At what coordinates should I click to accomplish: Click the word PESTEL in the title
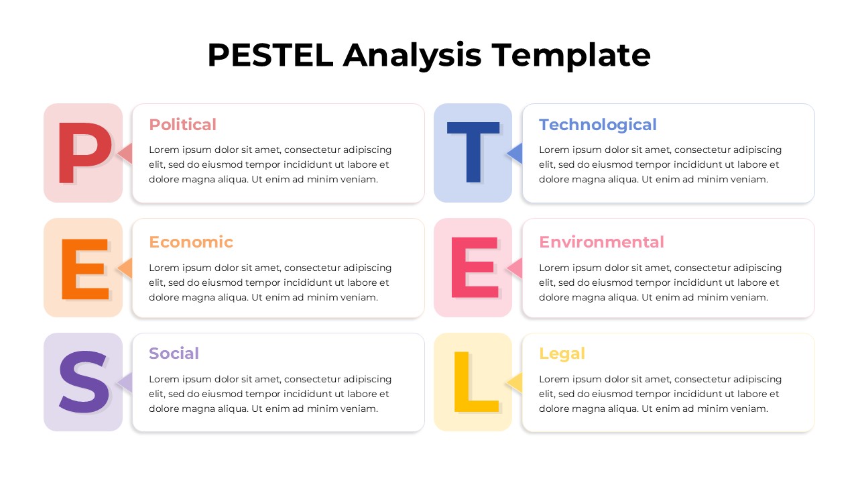270,55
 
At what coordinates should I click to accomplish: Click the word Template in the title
570,55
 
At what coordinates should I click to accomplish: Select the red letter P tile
83,153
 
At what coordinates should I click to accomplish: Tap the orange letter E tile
83,268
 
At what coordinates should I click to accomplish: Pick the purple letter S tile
83,382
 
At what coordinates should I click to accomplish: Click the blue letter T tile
473,153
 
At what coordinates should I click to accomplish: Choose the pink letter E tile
473,268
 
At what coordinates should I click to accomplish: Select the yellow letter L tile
473,382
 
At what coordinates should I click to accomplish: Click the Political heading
182,125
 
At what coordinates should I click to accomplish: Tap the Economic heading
191,242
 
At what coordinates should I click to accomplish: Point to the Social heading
174,354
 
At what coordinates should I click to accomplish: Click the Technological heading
597,125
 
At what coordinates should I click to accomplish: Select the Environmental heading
601,242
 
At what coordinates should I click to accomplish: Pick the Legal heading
562,354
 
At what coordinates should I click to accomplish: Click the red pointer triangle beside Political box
125,154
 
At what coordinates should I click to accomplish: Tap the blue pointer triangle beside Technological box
515,154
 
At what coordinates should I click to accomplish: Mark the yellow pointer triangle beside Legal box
515,382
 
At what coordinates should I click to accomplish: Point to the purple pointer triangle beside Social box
125,382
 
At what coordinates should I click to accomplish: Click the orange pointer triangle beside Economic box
125,268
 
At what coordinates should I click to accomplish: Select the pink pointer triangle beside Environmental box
515,268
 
